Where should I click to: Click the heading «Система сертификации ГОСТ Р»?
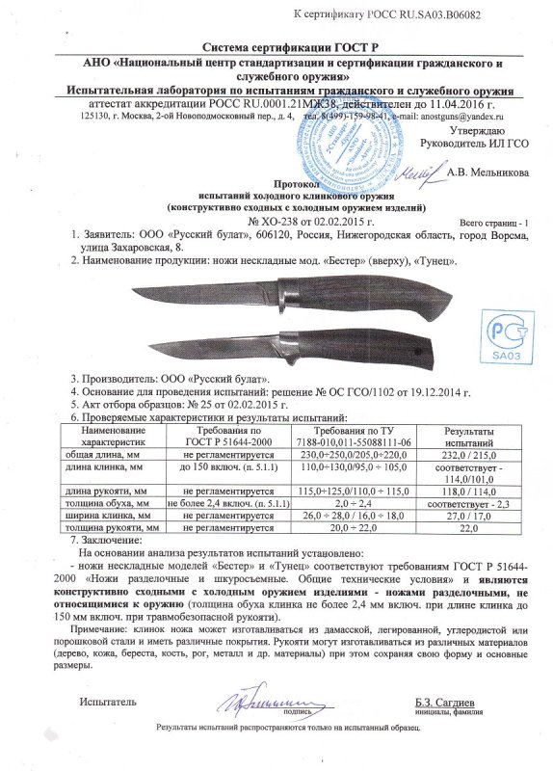point(276,47)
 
